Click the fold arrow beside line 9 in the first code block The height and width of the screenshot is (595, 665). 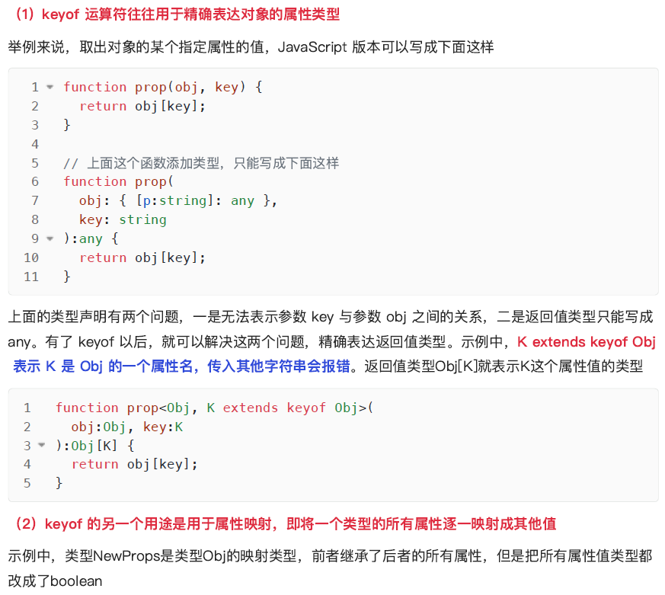click(50, 238)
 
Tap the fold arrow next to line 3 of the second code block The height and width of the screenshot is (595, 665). click(42, 445)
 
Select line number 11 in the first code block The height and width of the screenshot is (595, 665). click(31, 277)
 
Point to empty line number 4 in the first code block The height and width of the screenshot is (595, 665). click(35, 144)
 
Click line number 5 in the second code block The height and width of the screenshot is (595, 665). click(27, 483)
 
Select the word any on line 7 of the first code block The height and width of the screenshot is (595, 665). click(242, 200)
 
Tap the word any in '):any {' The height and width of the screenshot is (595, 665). click(91, 238)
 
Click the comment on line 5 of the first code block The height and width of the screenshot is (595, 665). click(201, 163)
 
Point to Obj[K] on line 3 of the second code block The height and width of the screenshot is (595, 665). click(91, 445)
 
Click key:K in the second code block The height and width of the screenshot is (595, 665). click(163, 427)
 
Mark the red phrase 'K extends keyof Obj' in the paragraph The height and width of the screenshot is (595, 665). click(586, 342)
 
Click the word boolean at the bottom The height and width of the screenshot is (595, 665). click(76, 581)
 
